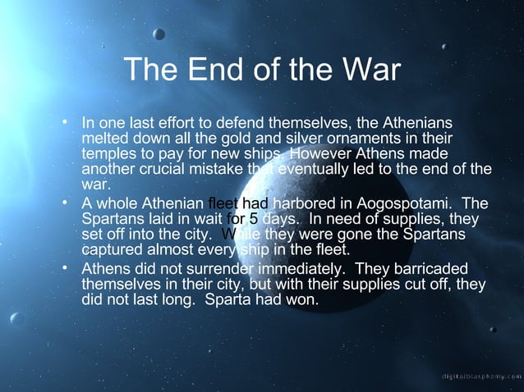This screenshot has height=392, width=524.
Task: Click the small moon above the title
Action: (x=159, y=34)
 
